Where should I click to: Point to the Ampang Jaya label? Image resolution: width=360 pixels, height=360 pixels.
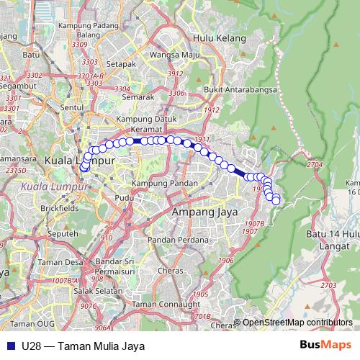[199, 213]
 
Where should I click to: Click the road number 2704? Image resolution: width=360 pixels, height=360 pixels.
[315, 166]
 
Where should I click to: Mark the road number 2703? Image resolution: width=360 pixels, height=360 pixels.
[328, 286]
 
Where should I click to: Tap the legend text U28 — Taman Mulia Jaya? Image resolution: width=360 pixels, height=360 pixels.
[84, 346]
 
